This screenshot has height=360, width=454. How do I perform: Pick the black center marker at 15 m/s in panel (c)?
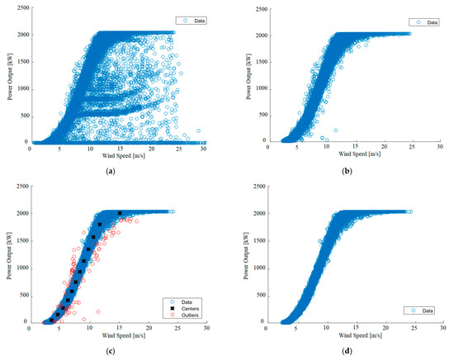tap(120, 213)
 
